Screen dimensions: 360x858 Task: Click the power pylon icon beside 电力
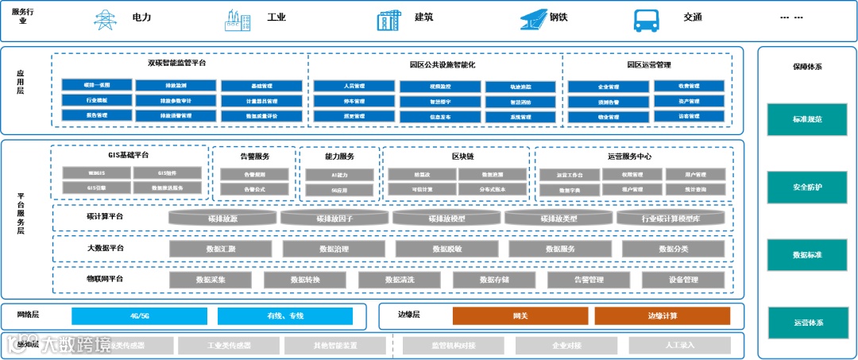[105, 19]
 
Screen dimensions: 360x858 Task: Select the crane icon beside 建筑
[388, 19]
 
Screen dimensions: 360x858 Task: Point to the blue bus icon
[645, 19]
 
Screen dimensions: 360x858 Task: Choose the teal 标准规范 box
[806, 119]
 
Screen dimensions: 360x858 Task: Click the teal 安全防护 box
[806, 188]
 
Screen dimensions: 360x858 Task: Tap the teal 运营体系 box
[806, 323]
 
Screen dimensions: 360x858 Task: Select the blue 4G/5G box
[139, 315]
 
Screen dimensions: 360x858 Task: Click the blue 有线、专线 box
[285, 315]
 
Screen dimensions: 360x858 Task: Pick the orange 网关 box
[520, 315]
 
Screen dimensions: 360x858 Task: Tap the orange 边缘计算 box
[662, 315]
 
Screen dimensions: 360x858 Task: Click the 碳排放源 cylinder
[222, 218]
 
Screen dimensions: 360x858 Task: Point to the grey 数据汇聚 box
[221, 249]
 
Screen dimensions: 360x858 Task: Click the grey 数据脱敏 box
[446, 249]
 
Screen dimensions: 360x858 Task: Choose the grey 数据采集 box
[211, 280]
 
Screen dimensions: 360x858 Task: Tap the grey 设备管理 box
[683, 280]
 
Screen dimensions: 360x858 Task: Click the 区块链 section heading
[462, 157]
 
